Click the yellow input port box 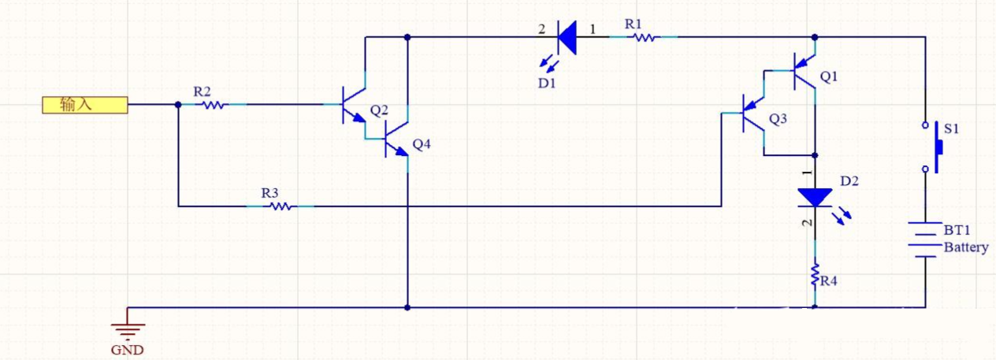point(84,105)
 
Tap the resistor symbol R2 point(212,104)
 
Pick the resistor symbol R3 point(280,206)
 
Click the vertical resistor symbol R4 point(814,276)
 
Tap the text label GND point(128,350)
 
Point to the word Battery point(966,247)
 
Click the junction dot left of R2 point(178,104)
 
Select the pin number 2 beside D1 point(541,29)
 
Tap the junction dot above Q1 point(814,36)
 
